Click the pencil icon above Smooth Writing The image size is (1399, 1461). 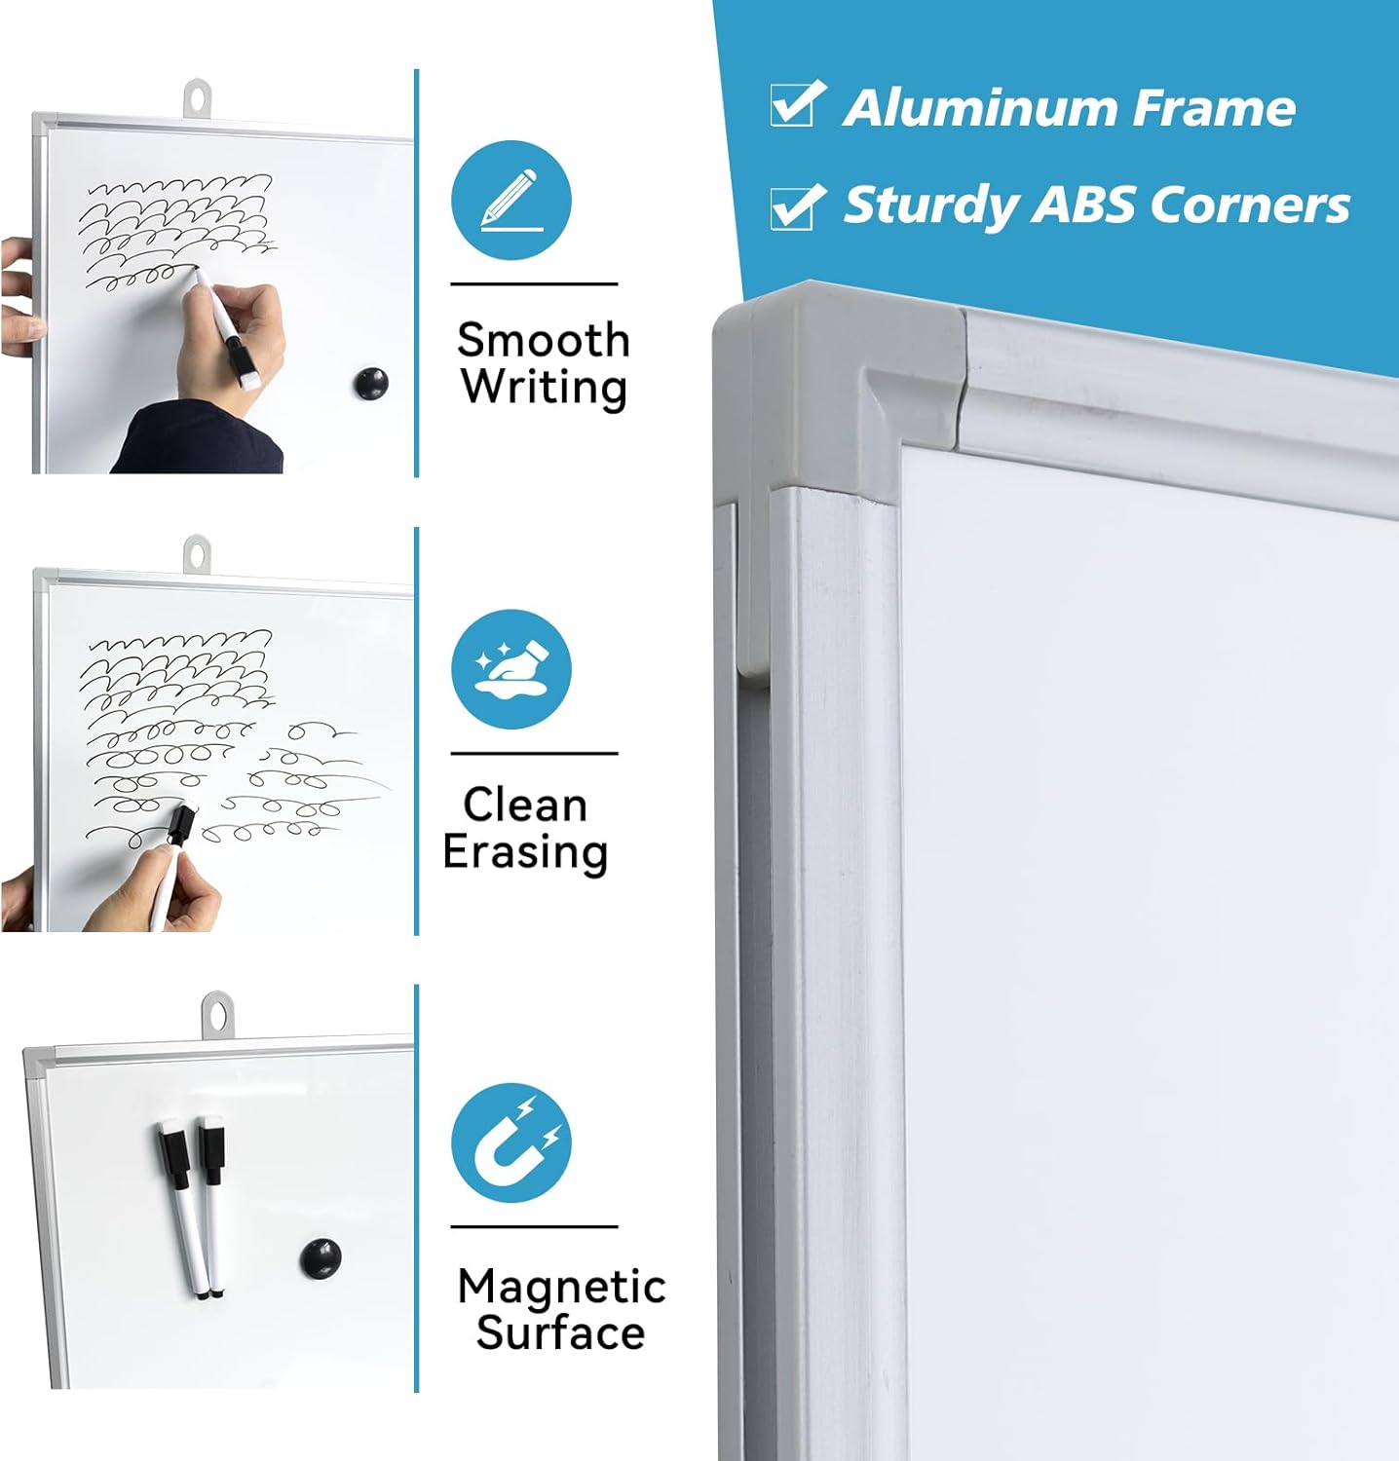coord(510,201)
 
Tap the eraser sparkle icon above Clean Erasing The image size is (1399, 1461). coord(510,669)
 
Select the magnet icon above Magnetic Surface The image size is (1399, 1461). coord(510,1143)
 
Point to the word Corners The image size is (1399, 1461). coord(1250,205)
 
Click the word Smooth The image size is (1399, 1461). coord(544,341)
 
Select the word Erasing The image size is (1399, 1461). coord(525,852)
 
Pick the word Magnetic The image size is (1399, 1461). coord(561,1287)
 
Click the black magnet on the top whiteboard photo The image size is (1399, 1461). coord(370,383)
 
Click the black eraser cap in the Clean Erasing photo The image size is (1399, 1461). coord(181,823)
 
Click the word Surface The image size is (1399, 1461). coord(560,1332)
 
